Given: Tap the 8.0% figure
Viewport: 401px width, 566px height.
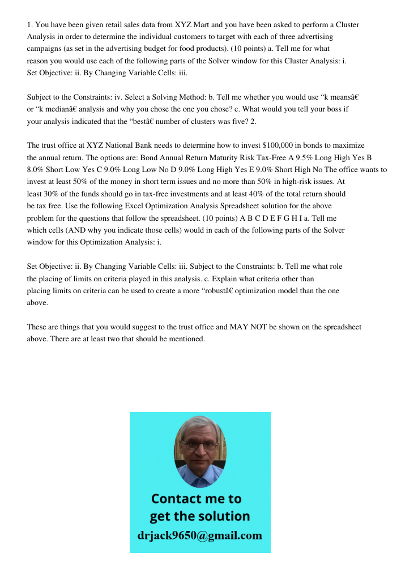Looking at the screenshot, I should (37, 169).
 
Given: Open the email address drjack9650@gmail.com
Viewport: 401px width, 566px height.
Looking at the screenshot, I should (200, 535).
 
